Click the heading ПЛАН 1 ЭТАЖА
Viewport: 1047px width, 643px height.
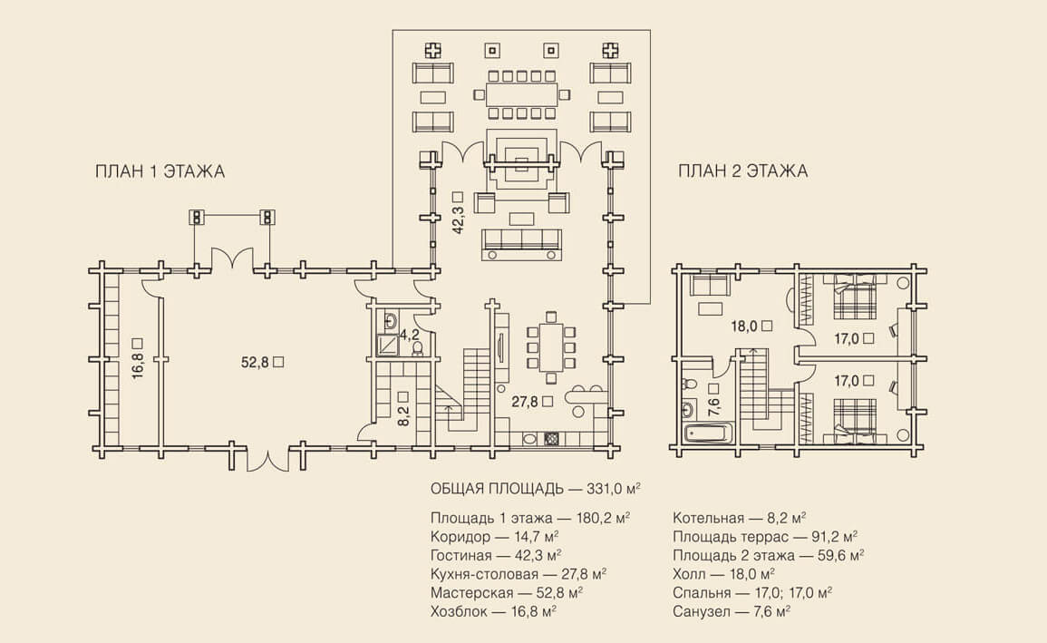click(160, 172)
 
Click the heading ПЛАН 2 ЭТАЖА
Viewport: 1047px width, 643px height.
click(742, 171)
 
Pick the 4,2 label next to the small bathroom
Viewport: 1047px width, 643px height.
click(410, 336)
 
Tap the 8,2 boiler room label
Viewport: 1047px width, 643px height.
click(402, 414)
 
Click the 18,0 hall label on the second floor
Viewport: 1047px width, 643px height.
click(745, 326)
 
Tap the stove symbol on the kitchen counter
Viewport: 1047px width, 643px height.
click(551, 438)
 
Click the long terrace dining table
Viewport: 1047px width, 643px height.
click(521, 93)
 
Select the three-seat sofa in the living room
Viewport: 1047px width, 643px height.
click(523, 242)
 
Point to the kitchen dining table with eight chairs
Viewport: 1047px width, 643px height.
click(550, 347)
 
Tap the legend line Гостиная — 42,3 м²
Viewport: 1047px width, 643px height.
click(497, 554)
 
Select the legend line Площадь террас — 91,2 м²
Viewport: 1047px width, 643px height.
click(765, 536)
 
